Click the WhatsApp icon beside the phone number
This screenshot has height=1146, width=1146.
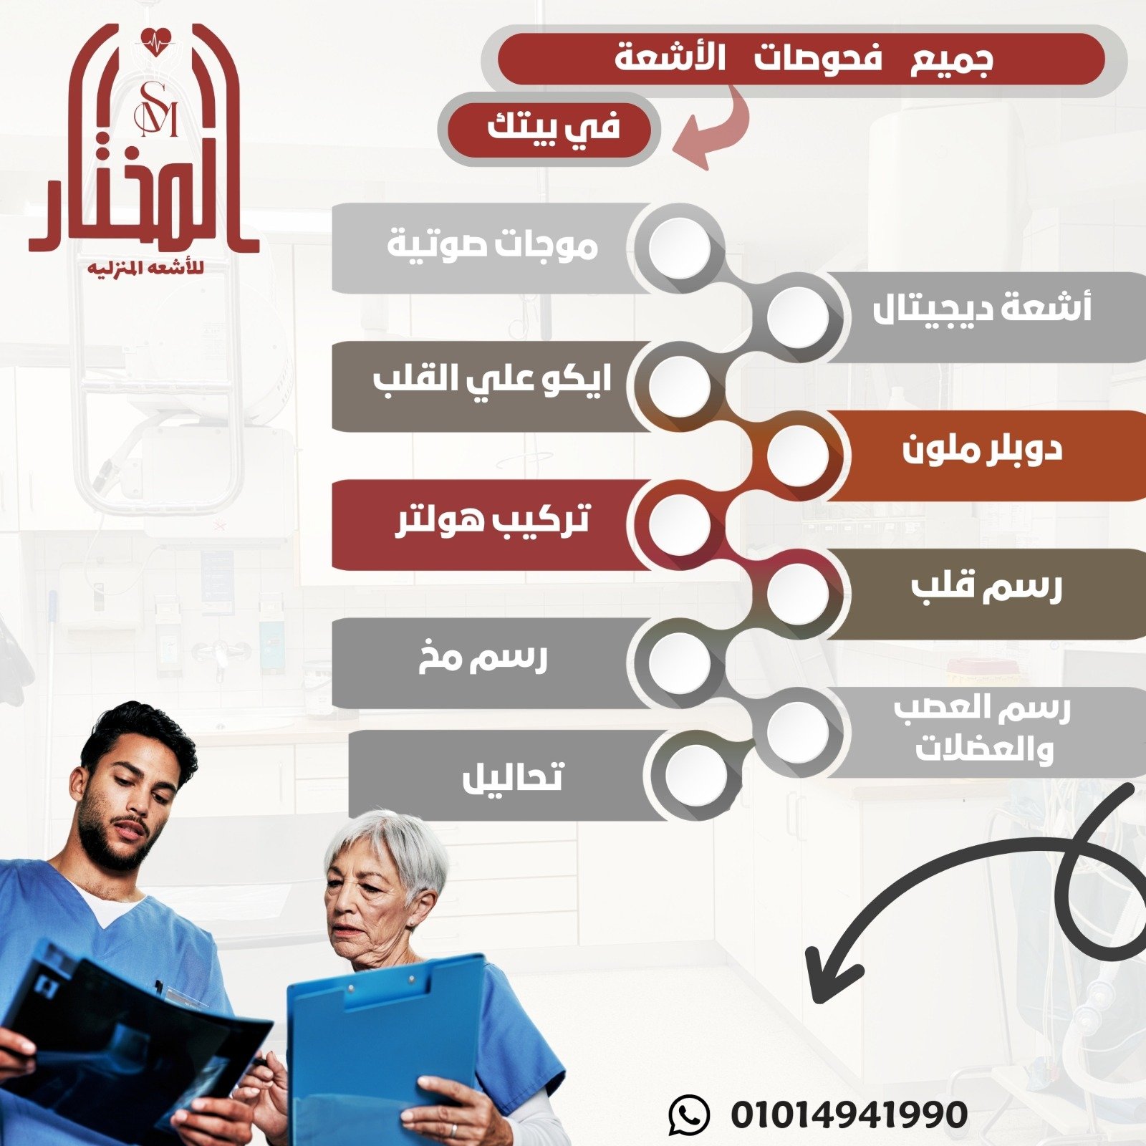tap(688, 1114)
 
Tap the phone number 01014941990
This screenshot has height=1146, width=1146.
tap(849, 1114)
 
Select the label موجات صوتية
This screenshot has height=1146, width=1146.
tap(492, 246)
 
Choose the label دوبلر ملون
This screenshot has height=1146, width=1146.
tap(981, 450)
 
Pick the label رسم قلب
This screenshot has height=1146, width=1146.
tap(986, 587)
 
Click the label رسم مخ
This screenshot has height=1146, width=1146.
tap(483, 658)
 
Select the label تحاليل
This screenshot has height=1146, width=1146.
tap(513, 776)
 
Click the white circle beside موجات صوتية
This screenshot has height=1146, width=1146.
tap(680, 247)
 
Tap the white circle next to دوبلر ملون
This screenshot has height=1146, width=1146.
tap(797, 455)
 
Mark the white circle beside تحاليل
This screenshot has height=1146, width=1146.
tap(695, 775)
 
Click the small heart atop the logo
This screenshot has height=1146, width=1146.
tap(158, 42)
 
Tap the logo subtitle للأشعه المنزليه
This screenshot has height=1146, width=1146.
tap(145, 269)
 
